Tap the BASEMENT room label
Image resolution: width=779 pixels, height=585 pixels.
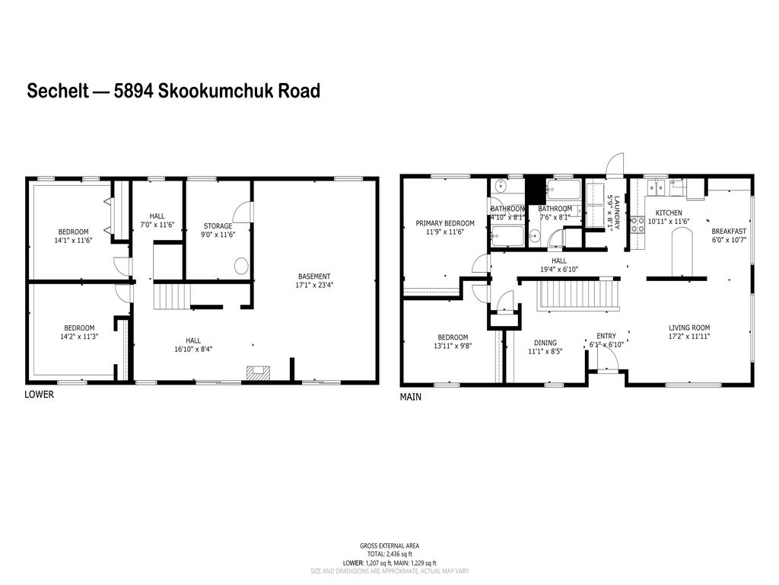tap(314, 276)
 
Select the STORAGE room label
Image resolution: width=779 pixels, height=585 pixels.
tap(218, 225)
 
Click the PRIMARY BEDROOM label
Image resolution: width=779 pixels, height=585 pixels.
tap(445, 223)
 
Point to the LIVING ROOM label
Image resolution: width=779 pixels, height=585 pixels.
tap(688, 328)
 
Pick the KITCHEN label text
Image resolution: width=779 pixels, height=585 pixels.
tap(668, 213)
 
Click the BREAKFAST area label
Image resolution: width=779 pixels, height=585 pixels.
tap(729, 231)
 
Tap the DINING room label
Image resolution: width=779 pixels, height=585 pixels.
tap(545, 343)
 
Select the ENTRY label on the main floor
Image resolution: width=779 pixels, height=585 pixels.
tap(606, 336)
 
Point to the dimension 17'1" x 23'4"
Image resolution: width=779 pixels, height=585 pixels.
tap(314, 285)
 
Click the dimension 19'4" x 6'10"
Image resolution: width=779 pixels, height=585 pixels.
tap(559, 269)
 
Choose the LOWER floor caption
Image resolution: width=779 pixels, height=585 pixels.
tap(39, 395)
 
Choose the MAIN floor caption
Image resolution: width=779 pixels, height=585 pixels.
tap(411, 397)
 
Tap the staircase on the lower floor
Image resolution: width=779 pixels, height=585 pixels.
tap(171, 295)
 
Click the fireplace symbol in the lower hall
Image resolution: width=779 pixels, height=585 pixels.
tap(257, 372)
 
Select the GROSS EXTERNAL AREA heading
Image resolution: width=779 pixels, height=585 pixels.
tap(389, 545)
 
